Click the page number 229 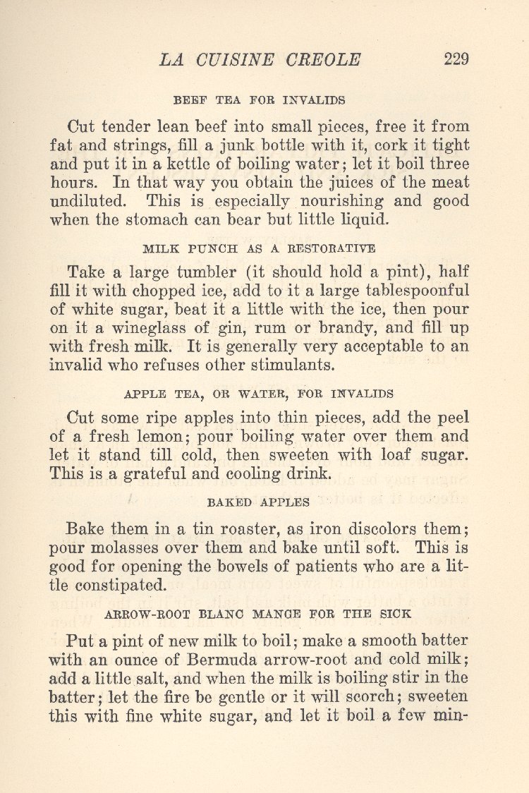pos(456,59)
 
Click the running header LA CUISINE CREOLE pos(260,60)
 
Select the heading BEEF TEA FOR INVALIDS pos(259,100)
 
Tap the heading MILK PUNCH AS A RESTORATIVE pos(259,248)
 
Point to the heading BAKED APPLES pos(258,502)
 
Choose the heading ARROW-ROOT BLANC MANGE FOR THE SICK pos(258,614)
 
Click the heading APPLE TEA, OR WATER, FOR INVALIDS pos(258,394)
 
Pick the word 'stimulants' pos(289,365)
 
